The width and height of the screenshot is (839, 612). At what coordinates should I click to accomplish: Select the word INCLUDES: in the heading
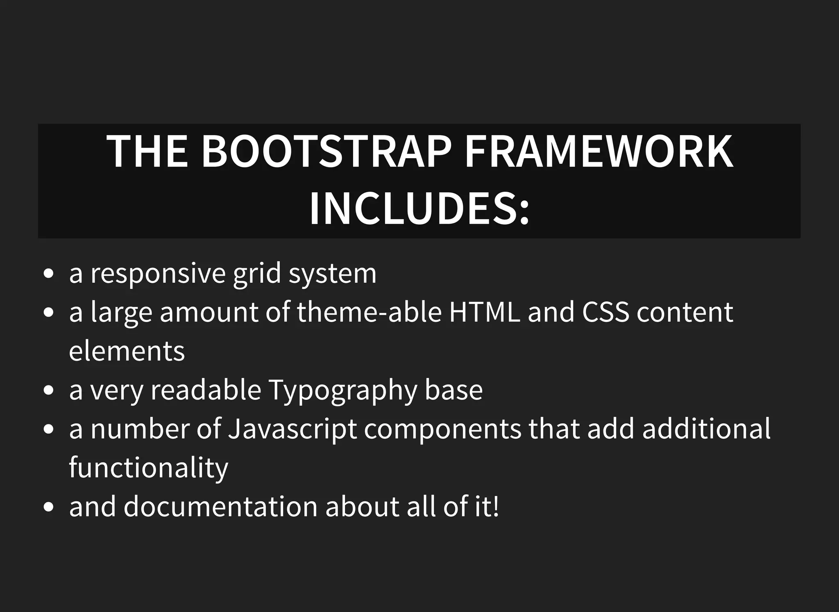point(419,209)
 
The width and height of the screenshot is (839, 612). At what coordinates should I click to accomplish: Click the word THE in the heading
point(147,152)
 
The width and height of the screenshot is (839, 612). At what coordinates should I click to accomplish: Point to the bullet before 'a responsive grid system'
point(48,274)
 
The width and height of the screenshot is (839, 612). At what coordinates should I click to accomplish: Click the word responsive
point(158,274)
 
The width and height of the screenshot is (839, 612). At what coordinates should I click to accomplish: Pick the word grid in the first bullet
point(257,274)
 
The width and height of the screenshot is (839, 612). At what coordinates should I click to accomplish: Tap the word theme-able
point(369,312)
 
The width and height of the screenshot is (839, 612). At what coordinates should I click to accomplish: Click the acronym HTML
point(485,312)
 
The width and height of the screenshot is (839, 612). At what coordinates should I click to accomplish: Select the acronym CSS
point(605,312)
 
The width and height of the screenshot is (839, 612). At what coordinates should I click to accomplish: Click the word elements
point(127,351)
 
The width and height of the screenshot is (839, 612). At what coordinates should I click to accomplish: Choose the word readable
point(206,390)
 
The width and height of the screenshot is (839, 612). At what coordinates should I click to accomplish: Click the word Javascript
point(292,429)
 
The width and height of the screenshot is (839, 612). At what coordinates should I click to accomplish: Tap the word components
point(443,429)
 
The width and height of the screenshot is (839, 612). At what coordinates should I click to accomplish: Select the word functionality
point(148,467)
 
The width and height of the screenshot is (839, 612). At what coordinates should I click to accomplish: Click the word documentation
point(221,506)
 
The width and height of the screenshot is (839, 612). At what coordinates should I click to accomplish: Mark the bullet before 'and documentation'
point(48,507)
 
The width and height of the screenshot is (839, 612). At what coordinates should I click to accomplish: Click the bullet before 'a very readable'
point(48,390)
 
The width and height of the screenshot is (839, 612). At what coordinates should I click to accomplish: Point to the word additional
point(706,429)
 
